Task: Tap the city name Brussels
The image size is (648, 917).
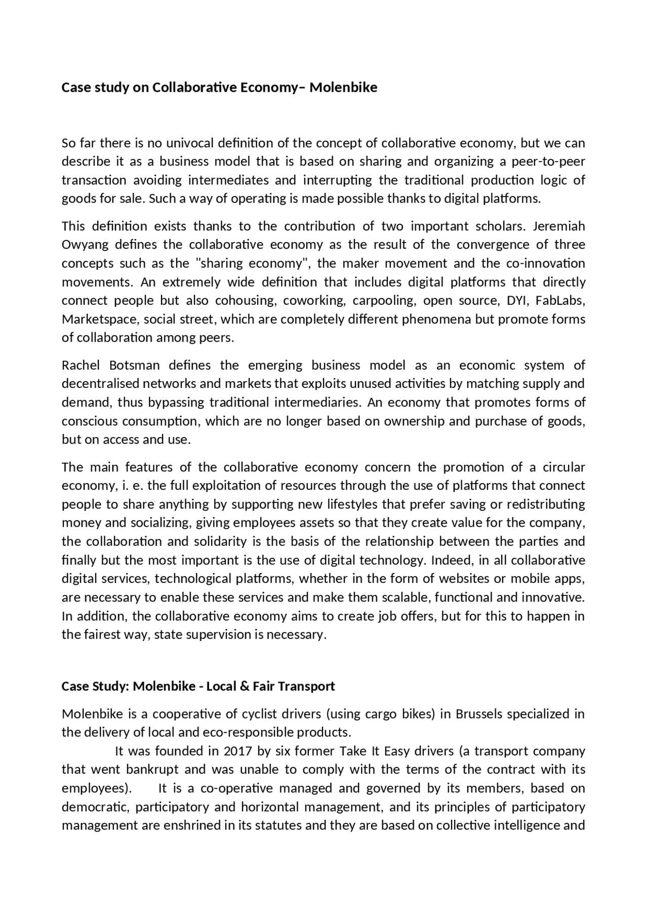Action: pos(479,714)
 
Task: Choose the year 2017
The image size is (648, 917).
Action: pos(238,751)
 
